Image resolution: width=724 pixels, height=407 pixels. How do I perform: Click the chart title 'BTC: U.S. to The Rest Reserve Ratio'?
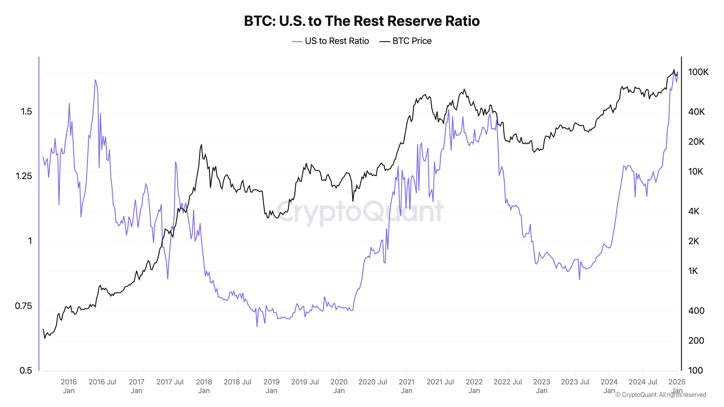point(362,21)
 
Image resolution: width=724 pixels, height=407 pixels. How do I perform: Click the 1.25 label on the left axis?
point(24,176)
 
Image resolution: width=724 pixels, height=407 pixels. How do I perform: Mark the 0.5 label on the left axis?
point(26,370)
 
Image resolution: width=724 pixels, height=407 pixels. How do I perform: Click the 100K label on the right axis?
point(698,72)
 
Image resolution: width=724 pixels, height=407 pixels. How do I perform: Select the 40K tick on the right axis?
point(696,112)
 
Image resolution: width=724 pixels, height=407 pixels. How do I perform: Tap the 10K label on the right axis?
point(696,171)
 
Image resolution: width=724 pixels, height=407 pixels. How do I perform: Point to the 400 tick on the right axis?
point(696,311)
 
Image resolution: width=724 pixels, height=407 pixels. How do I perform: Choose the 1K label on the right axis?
point(693,271)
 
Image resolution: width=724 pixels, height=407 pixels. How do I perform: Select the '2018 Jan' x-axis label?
point(204,386)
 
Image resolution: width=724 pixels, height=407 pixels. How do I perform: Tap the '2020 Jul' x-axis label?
point(373,382)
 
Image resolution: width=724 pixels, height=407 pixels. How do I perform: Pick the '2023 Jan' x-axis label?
point(542,386)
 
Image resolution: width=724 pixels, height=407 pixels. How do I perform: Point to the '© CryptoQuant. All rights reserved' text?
point(660,395)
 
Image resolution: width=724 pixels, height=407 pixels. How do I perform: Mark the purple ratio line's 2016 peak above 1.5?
point(95,80)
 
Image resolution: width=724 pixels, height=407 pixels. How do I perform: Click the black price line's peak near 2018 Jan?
point(201,145)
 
